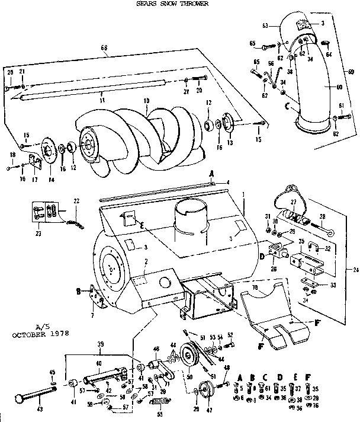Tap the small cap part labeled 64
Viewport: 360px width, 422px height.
[x=326, y=43]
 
